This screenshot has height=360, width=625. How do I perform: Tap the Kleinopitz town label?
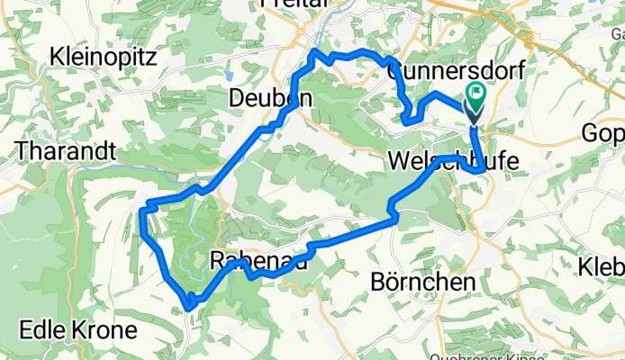tap(104, 57)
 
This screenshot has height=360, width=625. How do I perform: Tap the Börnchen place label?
tap(422, 282)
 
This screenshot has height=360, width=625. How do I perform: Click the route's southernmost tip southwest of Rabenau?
tap(188, 307)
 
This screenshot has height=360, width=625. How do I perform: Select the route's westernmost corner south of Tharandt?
tap(142, 211)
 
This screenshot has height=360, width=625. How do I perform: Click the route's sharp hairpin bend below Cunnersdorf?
tap(406, 120)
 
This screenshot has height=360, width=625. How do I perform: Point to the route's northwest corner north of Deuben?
tap(313, 53)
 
